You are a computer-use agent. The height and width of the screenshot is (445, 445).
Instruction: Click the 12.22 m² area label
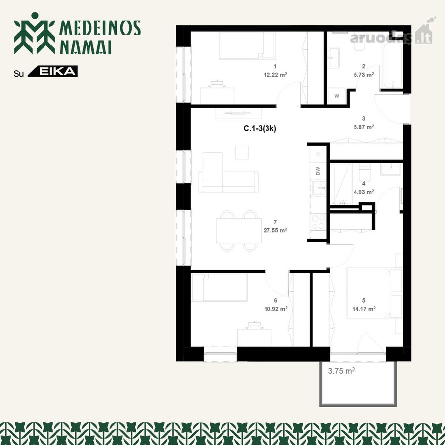[275, 75]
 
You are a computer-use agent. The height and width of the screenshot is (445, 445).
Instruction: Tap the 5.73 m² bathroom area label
[363, 75]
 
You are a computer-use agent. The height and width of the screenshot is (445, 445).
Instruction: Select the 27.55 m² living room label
[275, 230]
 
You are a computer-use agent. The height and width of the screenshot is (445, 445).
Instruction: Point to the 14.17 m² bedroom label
[364, 309]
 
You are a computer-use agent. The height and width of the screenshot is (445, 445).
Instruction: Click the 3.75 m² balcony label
[341, 371]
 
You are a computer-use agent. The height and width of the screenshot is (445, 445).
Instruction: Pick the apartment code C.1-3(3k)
[260, 129]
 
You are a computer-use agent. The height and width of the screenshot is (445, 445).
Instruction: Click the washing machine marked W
[337, 96]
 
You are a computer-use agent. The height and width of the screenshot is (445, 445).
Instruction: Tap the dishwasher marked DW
[318, 171]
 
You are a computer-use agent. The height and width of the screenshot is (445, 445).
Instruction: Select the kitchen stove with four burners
[318, 222]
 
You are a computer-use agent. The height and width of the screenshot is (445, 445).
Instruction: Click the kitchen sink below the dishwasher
[319, 187]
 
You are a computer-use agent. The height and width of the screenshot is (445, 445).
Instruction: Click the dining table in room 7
[238, 230]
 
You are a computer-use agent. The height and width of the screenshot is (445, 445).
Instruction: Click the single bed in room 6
[220, 287]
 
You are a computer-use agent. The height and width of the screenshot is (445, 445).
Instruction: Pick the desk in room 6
[254, 338]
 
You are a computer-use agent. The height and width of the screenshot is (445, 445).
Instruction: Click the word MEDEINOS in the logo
[100, 28]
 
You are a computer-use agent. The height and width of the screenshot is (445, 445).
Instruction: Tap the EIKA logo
[53, 71]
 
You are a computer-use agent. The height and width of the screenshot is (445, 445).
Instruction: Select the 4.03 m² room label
[363, 192]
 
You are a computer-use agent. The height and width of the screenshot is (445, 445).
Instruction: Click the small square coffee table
[242, 152]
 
